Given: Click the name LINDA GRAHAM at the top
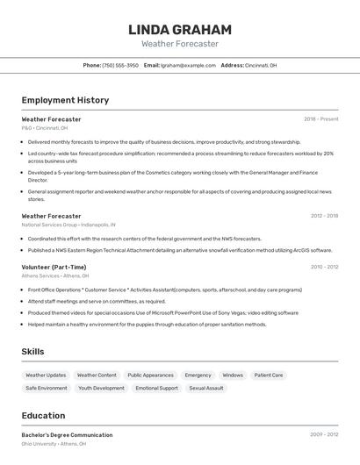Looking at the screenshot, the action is (x=180, y=29).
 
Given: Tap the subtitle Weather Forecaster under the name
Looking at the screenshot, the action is (x=180, y=44).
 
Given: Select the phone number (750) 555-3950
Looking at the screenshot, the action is (x=120, y=65).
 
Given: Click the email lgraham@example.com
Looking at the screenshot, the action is (x=188, y=65).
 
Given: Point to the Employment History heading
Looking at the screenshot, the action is (x=65, y=100).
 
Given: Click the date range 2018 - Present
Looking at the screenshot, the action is (x=320, y=118).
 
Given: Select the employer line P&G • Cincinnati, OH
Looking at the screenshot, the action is (x=45, y=128).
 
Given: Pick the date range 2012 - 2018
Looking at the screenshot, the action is (x=324, y=216).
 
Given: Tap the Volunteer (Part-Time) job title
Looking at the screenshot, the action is (x=54, y=267).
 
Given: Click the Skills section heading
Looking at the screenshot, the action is (x=33, y=352).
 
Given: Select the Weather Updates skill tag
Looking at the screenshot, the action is (x=46, y=375).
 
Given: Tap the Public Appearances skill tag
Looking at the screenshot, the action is (x=150, y=375).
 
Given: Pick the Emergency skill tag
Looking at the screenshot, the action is (x=198, y=375).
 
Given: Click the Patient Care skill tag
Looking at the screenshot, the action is (x=269, y=375).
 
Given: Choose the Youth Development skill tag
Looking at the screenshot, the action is (x=101, y=388).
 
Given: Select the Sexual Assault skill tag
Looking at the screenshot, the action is (x=206, y=388).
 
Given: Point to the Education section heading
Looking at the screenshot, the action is (x=43, y=416).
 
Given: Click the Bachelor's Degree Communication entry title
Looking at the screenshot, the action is (x=67, y=434).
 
